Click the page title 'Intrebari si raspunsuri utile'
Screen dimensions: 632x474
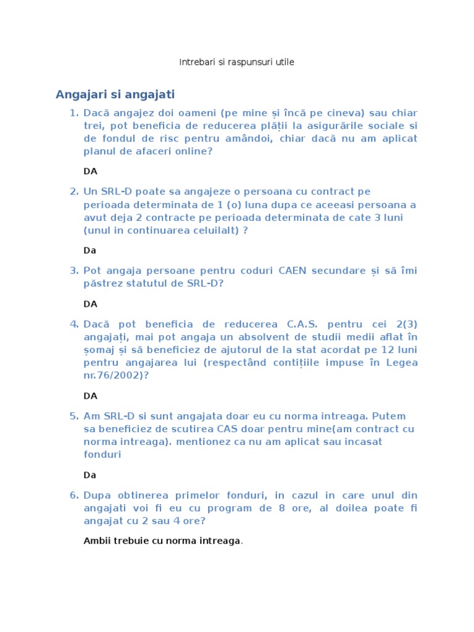pyautogui.click(x=236, y=62)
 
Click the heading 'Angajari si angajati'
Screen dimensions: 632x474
pyautogui.click(x=115, y=94)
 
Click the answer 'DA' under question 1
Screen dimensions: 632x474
pyautogui.click(x=91, y=171)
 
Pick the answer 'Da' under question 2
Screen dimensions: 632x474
pyautogui.click(x=90, y=251)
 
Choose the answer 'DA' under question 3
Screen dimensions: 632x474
pyautogui.click(x=91, y=304)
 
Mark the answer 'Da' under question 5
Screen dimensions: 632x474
pyautogui.click(x=90, y=475)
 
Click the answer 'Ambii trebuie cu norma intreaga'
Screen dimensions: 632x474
pyautogui.click(x=162, y=541)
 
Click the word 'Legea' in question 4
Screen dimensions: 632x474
pyautogui.click(x=402, y=362)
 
